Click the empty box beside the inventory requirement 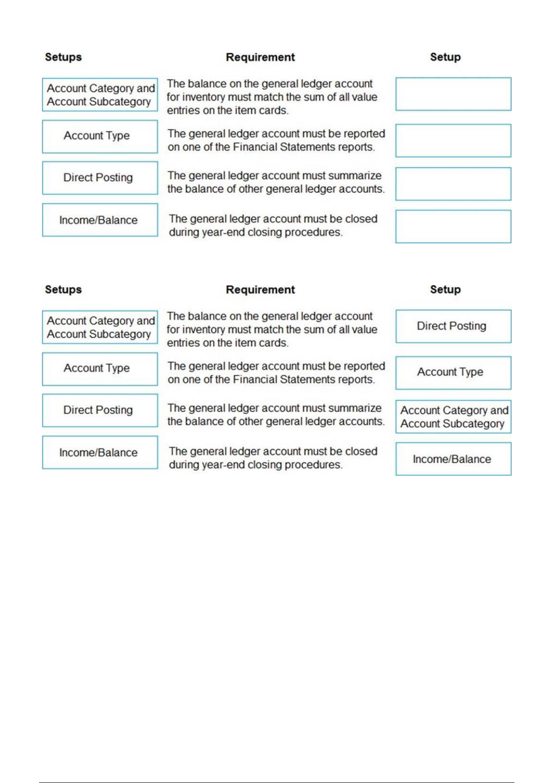(x=453, y=94)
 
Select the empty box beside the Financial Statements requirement (x=453, y=140)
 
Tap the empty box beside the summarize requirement (x=453, y=184)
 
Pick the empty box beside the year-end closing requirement (x=453, y=226)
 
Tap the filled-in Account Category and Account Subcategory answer (x=453, y=417)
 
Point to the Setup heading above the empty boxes (x=445, y=57)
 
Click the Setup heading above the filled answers (x=445, y=290)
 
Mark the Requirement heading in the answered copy (x=260, y=290)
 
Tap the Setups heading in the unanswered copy (x=63, y=57)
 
